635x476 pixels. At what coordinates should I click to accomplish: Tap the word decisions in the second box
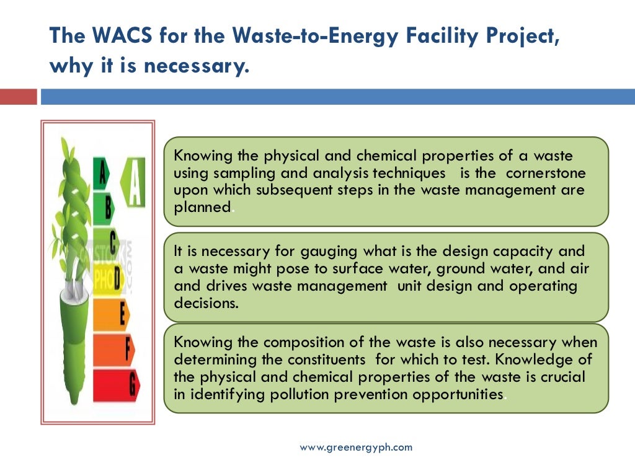206,304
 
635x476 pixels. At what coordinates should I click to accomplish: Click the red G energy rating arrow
117,384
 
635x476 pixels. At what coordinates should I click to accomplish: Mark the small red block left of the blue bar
18,97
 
